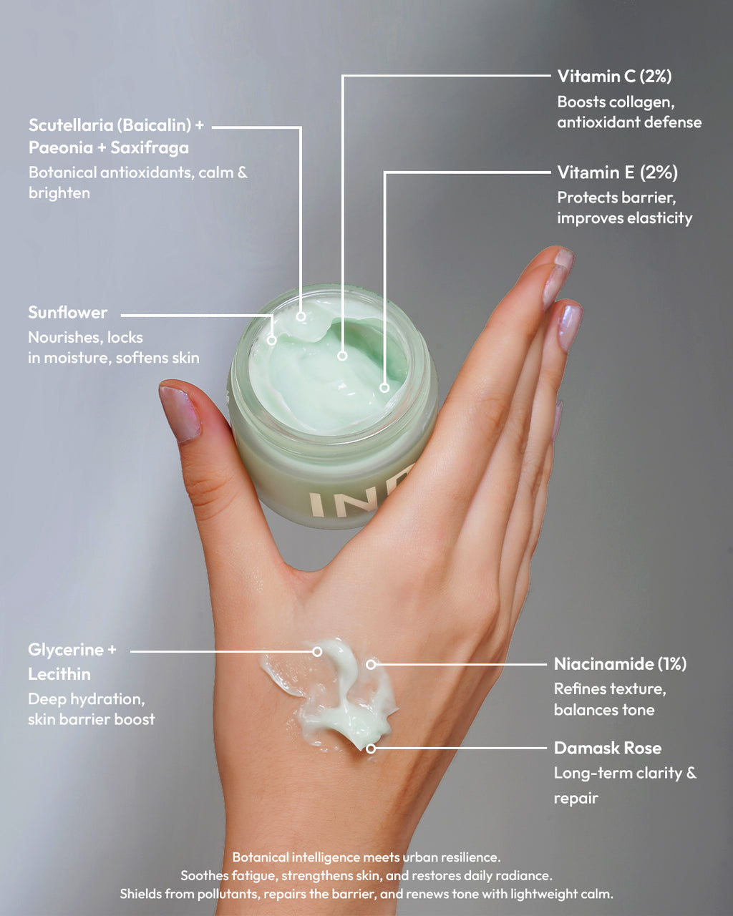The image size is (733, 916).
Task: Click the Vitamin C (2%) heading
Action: point(614,76)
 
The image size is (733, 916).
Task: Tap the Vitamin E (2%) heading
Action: point(617,172)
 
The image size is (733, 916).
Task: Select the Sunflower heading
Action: point(68,313)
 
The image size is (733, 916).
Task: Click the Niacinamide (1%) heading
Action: point(620,664)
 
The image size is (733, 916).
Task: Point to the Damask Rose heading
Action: point(608,749)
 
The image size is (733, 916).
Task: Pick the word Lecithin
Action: point(59,674)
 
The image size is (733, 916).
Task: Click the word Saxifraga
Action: point(150,148)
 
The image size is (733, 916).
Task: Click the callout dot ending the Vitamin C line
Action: point(342,356)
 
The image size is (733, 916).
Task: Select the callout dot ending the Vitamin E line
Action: point(384,388)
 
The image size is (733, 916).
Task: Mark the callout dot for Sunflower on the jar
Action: point(271,340)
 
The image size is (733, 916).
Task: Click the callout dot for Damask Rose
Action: point(371,749)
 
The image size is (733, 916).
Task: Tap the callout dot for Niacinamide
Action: point(371,664)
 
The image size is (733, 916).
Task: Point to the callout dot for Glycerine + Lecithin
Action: point(317,651)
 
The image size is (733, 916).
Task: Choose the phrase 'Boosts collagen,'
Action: point(616,102)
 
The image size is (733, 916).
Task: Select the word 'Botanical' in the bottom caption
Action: point(261,857)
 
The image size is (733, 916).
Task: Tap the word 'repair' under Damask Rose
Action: point(576,799)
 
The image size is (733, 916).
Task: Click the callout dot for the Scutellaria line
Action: point(301,316)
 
